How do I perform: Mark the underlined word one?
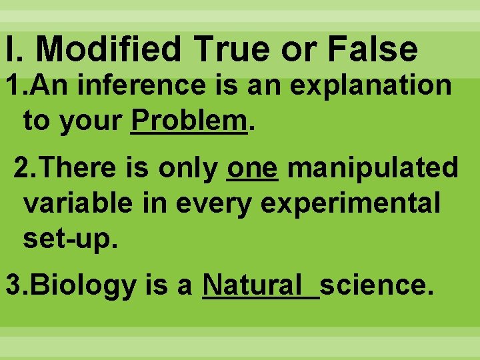252,168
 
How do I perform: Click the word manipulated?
373,168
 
